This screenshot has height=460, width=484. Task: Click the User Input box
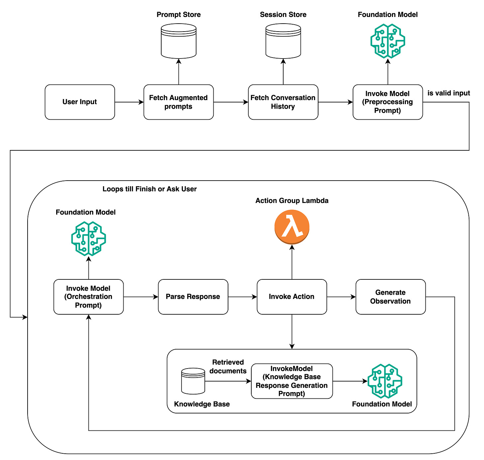coord(80,102)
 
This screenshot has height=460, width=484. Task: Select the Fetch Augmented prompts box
coord(179,102)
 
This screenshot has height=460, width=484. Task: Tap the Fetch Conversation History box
coord(283,102)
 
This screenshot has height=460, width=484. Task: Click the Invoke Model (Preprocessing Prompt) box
coord(388,102)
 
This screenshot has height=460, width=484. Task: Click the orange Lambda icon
coord(292,227)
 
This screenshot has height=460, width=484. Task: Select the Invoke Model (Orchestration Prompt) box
coord(88,297)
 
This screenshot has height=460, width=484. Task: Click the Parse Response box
coord(193,297)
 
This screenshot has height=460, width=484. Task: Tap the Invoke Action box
coord(292,297)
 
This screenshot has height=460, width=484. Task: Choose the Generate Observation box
coord(391,297)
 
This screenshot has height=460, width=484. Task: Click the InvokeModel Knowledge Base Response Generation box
coord(292,381)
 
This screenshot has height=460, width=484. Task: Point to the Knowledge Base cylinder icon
coord(193,381)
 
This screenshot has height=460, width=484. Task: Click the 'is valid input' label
coord(448,93)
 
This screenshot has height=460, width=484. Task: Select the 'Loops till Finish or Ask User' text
coord(150,189)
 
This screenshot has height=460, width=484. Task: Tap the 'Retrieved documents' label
coord(228,367)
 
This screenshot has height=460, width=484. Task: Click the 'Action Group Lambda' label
coord(292,201)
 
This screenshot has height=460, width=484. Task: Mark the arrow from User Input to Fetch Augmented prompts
coord(129,102)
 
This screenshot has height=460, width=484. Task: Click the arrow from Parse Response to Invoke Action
coord(242,297)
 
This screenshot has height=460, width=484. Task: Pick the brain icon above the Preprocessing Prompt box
coord(388,41)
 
